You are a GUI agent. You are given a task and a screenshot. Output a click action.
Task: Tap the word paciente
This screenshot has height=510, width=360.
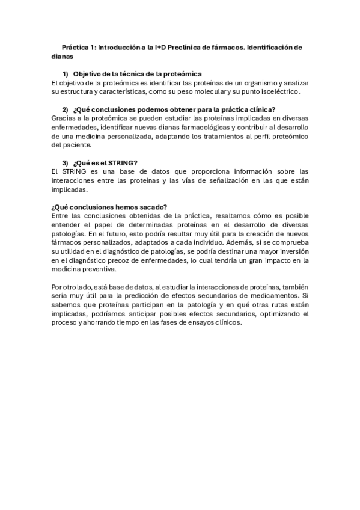[x=76, y=145]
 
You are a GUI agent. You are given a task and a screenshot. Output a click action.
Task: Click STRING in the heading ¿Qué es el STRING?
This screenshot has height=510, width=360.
[x=122, y=162]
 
